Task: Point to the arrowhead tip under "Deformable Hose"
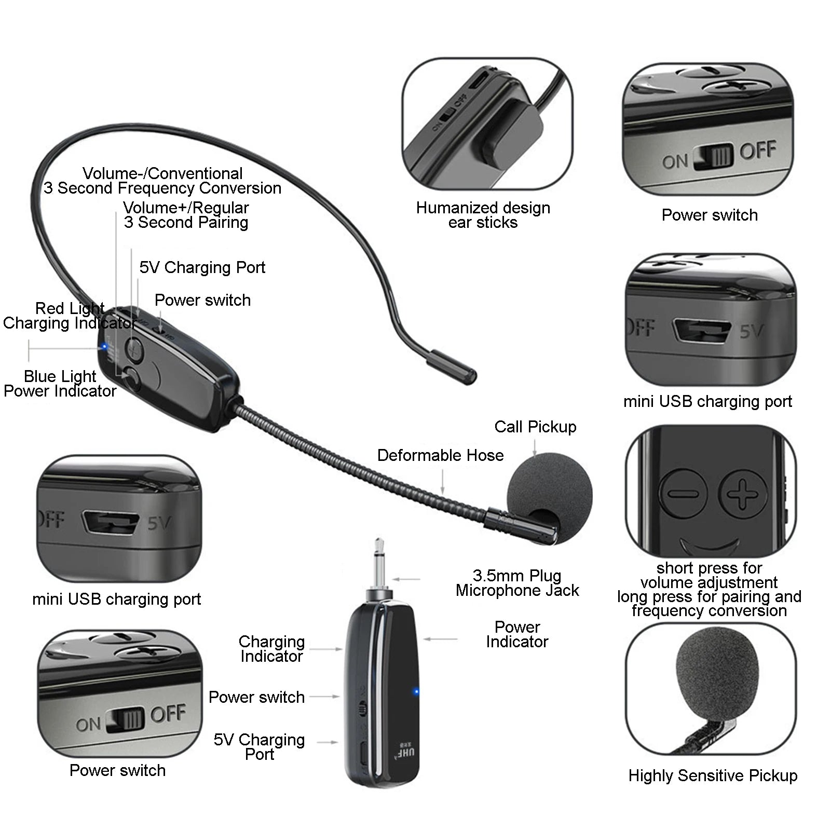tap(442, 494)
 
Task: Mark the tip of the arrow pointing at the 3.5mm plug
tap(393, 579)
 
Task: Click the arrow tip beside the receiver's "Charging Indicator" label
tap(343, 649)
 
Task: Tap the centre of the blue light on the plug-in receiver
tap(416, 692)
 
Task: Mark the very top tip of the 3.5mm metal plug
tap(379, 539)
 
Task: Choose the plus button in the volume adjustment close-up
tap(743, 492)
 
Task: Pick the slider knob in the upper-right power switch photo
tap(717, 155)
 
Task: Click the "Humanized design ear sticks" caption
tap(483, 215)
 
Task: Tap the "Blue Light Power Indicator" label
tap(60, 384)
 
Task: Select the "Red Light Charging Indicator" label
tap(70, 316)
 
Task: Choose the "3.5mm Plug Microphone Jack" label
tap(517, 583)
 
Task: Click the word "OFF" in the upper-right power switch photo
tap(758, 151)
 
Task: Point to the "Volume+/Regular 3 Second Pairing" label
tap(186, 215)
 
